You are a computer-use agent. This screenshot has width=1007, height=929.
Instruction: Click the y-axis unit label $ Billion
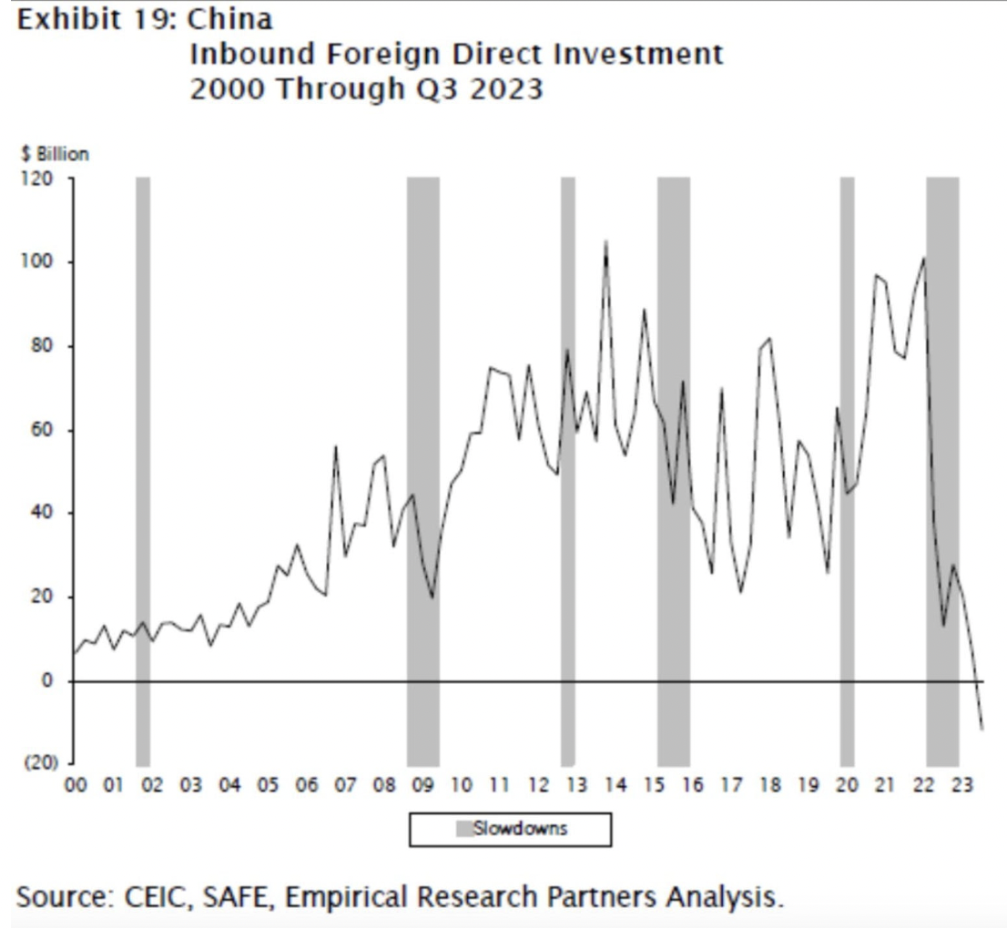pos(54,154)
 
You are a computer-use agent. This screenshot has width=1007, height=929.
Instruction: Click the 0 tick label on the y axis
pos(51,680)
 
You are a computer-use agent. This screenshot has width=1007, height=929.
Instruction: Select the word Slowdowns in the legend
pos(520,829)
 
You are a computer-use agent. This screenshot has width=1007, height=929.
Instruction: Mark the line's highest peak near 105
pos(605,241)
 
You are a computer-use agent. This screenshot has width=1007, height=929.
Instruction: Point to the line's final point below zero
pos(982,729)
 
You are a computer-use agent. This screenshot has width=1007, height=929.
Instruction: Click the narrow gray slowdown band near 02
pos(143,455)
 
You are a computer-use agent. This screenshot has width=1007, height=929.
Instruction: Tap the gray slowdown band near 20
pos(847,455)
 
